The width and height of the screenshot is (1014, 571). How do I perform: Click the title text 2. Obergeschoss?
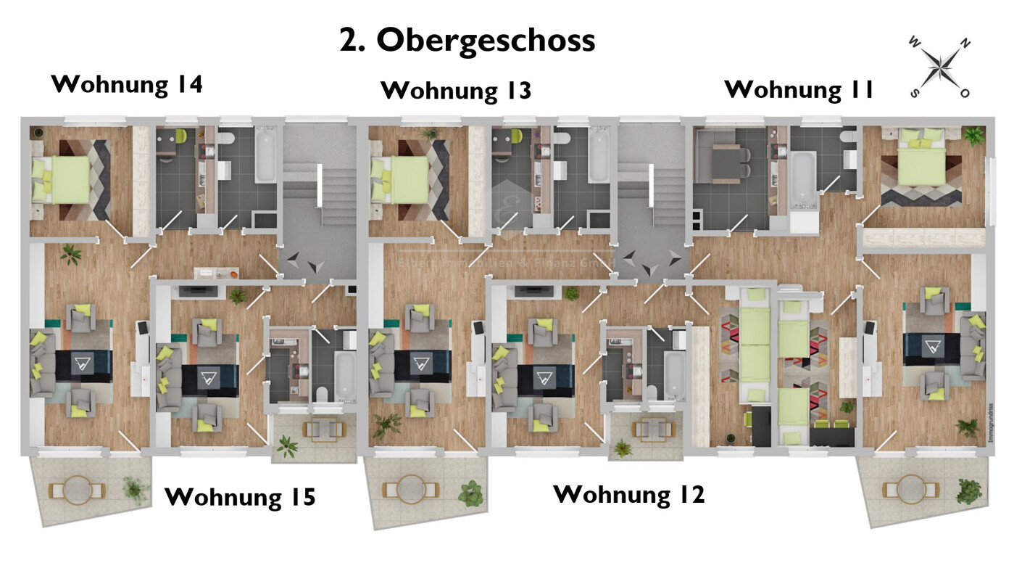click(x=467, y=41)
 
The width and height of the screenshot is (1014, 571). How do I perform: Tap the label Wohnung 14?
click(x=127, y=84)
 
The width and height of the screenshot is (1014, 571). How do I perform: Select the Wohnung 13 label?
click(x=456, y=91)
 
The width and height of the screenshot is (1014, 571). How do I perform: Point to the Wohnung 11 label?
click(x=799, y=89)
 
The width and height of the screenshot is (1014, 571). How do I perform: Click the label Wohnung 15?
click(x=240, y=498)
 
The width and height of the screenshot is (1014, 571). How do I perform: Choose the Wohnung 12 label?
click(x=628, y=495)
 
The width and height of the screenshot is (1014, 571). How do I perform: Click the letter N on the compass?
click(x=965, y=44)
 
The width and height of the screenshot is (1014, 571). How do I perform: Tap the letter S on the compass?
click(x=915, y=93)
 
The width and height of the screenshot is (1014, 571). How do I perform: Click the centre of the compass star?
click(x=940, y=69)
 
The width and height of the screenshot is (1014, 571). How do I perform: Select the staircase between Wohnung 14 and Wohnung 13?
click(x=317, y=196)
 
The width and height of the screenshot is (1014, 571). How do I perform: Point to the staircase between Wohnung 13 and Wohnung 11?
click(x=651, y=196)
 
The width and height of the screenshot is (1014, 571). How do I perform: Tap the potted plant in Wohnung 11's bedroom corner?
click(x=973, y=136)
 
